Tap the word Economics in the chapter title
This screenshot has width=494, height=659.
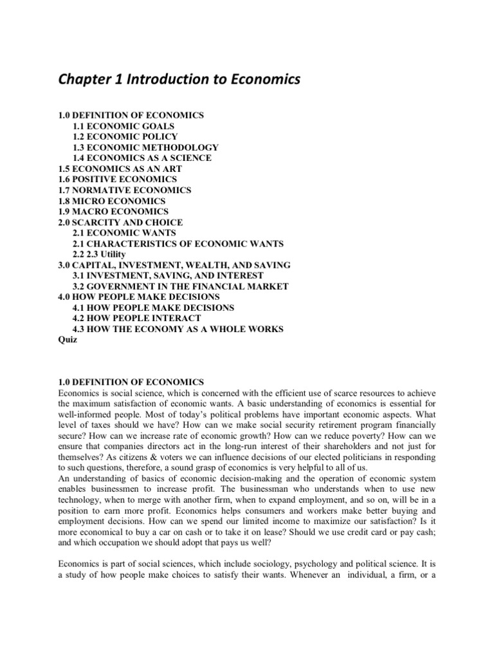[245, 80]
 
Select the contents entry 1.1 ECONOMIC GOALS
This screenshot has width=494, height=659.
[123, 125]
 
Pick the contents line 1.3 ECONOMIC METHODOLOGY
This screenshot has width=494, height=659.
[146, 147]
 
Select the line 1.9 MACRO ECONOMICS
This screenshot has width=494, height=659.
[113, 212]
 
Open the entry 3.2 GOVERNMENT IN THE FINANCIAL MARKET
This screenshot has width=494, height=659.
[181, 286]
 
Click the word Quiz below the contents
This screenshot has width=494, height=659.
[68, 340]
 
